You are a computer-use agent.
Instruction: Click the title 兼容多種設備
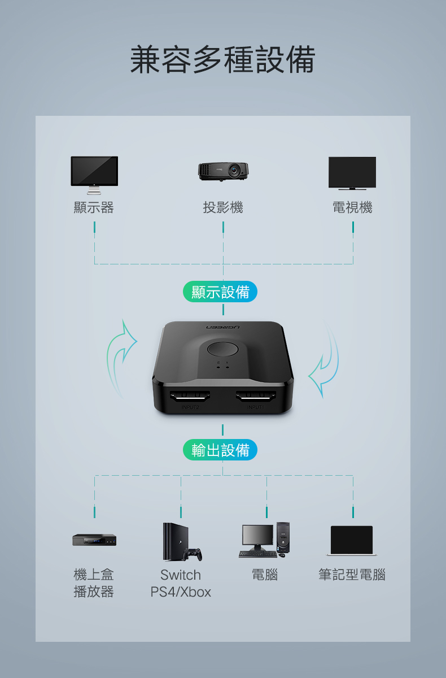click(223, 59)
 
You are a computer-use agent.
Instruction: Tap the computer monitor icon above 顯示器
click(94, 175)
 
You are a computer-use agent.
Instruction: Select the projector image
click(223, 172)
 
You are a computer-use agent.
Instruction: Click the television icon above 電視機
click(352, 173)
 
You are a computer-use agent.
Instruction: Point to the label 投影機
click(223, 207)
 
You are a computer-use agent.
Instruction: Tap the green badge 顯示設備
click(220, 292)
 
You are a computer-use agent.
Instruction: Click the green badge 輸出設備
click(220, 450)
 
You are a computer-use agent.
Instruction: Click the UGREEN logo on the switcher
click(223, 328)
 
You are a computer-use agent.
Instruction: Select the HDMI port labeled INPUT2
click(190, 396)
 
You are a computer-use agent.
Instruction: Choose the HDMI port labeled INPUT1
click(256, 396)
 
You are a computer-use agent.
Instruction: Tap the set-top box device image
click(94, 540)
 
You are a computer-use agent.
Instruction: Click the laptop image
click(352, 541)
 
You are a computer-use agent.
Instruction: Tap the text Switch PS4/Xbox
click(181, 583)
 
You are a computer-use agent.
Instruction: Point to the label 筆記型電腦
click(352, 575)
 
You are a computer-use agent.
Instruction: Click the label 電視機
click(352, 207)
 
